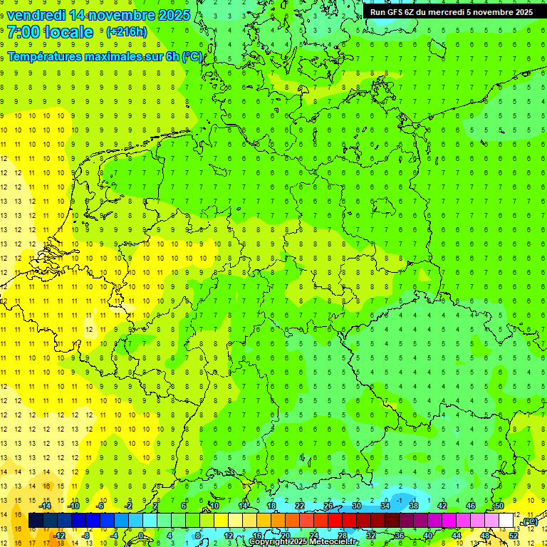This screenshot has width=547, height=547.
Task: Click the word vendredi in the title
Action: click(x=36, y=15)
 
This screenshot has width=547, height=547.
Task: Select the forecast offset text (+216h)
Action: click(x=126, y=32)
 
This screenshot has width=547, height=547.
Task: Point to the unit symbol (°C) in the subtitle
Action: click(x=192, y=56)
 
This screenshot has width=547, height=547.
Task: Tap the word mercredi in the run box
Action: click(x=447, y=12)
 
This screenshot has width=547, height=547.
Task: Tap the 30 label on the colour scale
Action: click(x=356, y=506)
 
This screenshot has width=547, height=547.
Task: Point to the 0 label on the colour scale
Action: click(x=141, y=536)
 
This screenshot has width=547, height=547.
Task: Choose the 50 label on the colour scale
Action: click(x=499, y=506)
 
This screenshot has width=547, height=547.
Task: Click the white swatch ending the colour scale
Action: click(x=506, y=521)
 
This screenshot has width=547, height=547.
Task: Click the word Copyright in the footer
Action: click(x=269, y=542)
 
